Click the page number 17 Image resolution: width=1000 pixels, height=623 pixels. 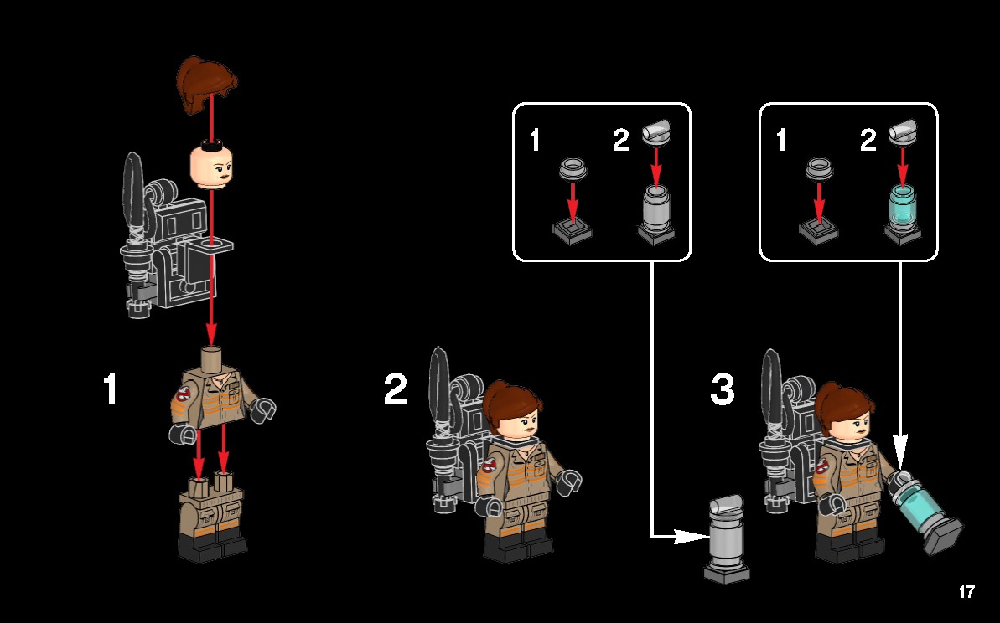[x=966, y=592]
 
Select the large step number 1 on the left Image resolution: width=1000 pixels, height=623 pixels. [x=110, y=389]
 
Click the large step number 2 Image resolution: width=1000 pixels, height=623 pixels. [x=396, y=389]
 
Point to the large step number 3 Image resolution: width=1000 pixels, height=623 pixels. [x=723, y=389]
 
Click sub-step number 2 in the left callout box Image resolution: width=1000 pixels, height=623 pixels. [x=620, y=141]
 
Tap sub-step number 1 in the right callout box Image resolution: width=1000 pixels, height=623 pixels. [x=781, y=141]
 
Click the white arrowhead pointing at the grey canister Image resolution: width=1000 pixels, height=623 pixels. [x=692, y=536]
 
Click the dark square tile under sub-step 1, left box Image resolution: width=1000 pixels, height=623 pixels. [x=573, y=229]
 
